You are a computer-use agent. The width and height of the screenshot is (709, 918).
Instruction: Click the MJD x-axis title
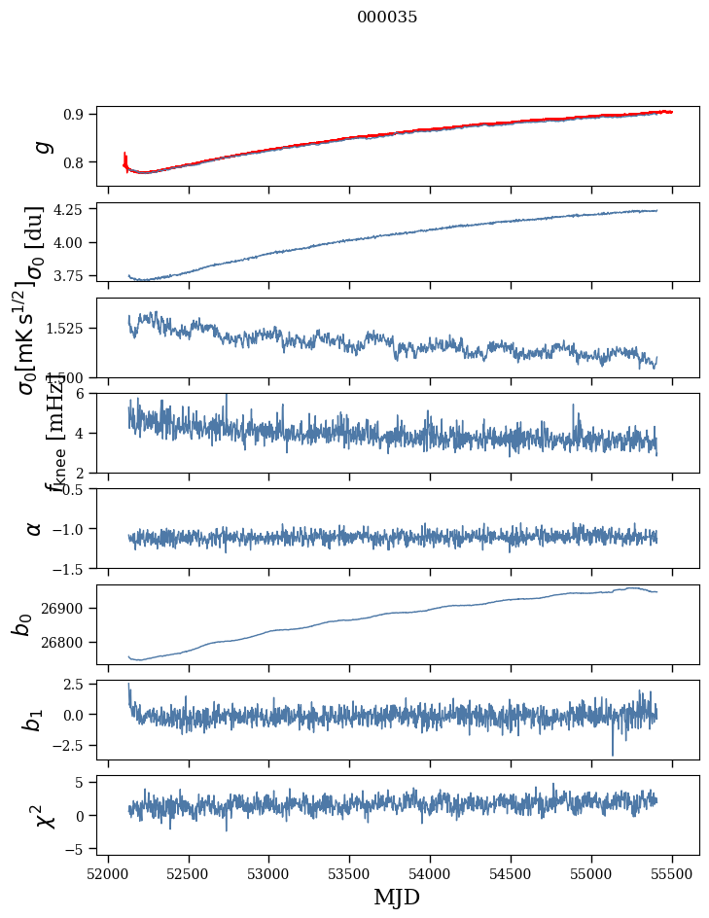click(397, 898)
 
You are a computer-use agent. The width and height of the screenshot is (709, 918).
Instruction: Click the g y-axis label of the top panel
click(41, 146)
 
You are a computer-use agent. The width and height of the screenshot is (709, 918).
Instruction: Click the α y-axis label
click(34, 528)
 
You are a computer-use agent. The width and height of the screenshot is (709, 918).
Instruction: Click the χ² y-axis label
click(45, 815)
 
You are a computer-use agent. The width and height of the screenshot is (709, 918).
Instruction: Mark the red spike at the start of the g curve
click(125, 159)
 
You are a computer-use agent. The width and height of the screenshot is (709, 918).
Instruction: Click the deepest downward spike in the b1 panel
click(613, 753)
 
